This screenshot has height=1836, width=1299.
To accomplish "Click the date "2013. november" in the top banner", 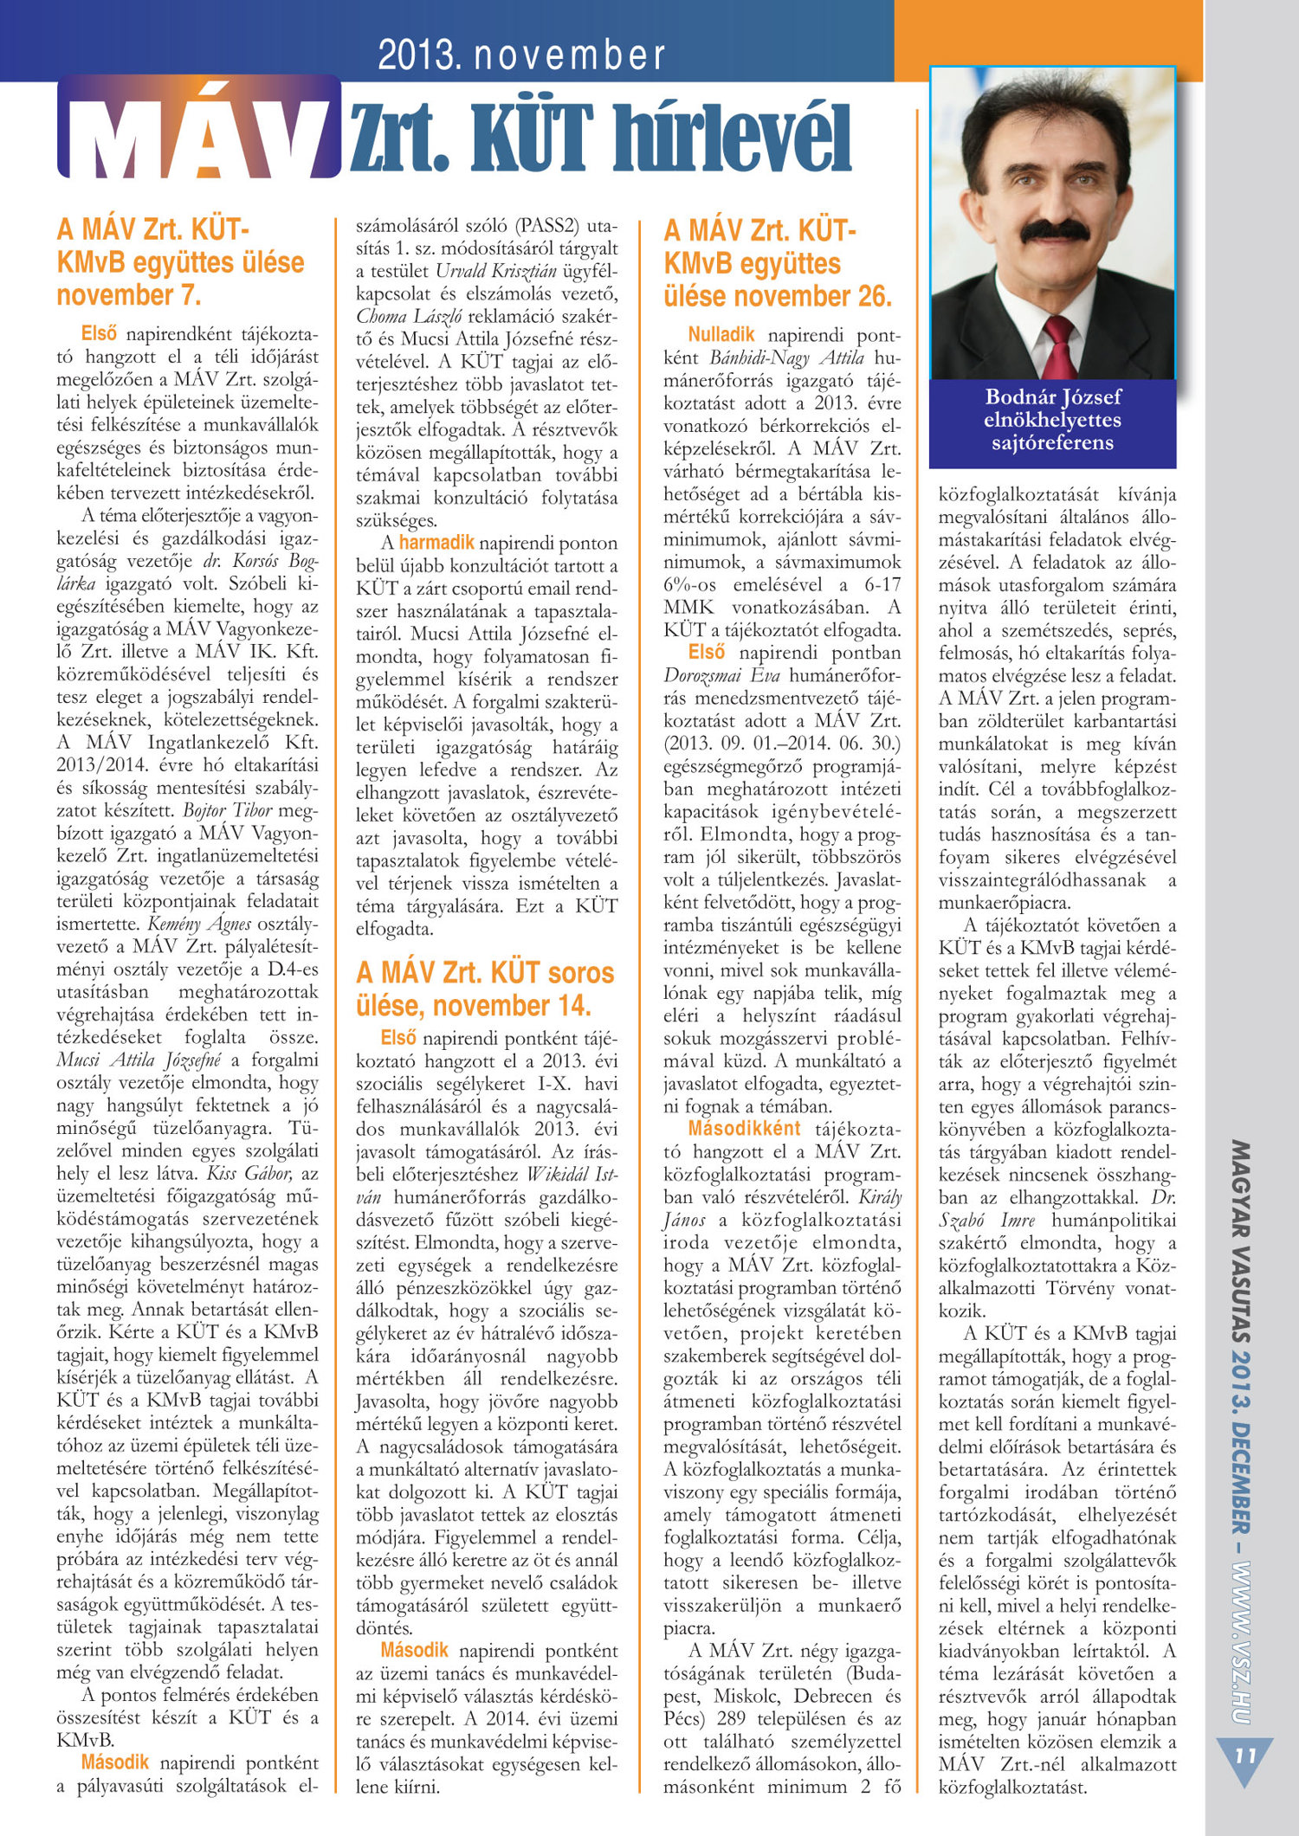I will coord(521,55).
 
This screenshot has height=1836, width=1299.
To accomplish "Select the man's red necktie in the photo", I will coord(1058,347).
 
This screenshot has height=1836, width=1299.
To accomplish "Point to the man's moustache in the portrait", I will coord(1054,230).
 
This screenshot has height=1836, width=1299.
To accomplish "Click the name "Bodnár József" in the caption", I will coord(1052,397).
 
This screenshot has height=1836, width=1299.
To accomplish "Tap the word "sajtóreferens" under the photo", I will coord(1052,443).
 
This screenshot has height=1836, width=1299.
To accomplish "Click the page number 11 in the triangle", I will coord(1245,1755).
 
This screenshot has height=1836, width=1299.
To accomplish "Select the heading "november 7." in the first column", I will coord(129,295).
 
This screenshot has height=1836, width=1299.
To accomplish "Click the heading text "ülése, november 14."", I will coord(473,1006).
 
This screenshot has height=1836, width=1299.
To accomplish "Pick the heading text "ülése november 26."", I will coord(777,296).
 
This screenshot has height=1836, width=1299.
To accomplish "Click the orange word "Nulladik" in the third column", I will coord(721,335).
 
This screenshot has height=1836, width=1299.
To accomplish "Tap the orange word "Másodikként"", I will coord(744,1129).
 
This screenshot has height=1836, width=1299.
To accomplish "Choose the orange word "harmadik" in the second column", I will coord(436,543).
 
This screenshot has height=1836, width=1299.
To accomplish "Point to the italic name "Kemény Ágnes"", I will coord(199,924).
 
